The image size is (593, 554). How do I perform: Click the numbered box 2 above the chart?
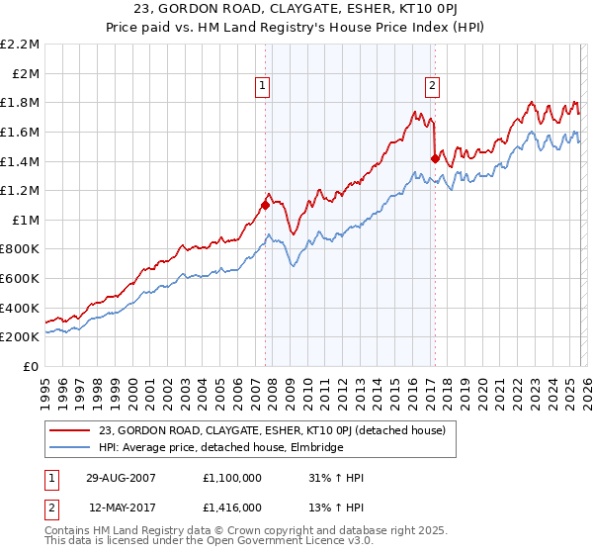pyautogui.click(x=433, y=86)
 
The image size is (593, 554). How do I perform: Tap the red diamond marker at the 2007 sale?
pyautogui.click(x=265, y=205)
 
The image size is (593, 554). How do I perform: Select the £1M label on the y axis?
pyautogui.click(x=26, y=221)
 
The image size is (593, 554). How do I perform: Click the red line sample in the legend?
pyautogui.click(x=71, y=430)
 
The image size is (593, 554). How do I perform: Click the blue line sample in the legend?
pyautogui.click(x=71, y=447)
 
